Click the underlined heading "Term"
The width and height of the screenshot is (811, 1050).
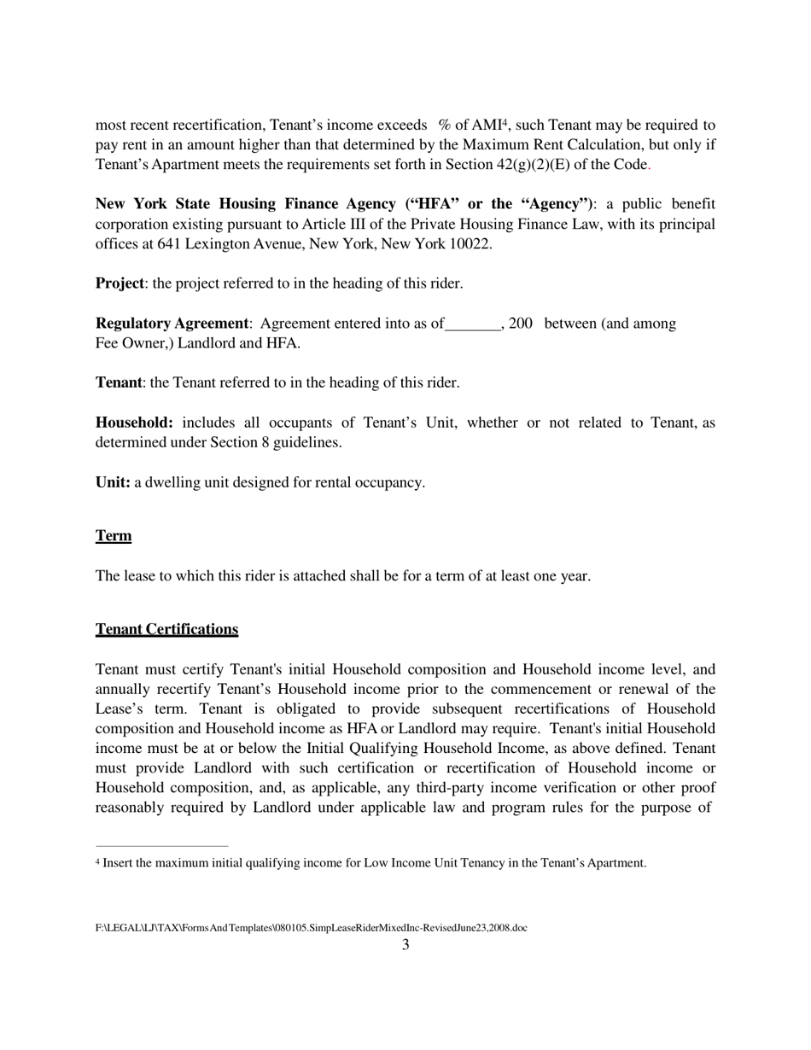coord(114,536)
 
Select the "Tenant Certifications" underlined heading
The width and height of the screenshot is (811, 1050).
coord(166,629)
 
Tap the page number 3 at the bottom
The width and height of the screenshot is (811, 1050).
coord(405,944)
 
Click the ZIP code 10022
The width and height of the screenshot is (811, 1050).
coord(471,243)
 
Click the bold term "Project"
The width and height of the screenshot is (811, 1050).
coord(120,283)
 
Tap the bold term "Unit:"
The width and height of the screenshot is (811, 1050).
coord(113,482)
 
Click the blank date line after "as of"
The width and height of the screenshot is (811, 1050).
coord(473,324)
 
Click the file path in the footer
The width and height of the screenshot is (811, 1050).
coord(311,927)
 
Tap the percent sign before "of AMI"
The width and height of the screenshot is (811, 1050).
coord(445,125)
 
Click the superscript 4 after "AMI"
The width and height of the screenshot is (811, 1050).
coord(505,122)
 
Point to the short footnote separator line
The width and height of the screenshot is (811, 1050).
coord(162,846)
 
